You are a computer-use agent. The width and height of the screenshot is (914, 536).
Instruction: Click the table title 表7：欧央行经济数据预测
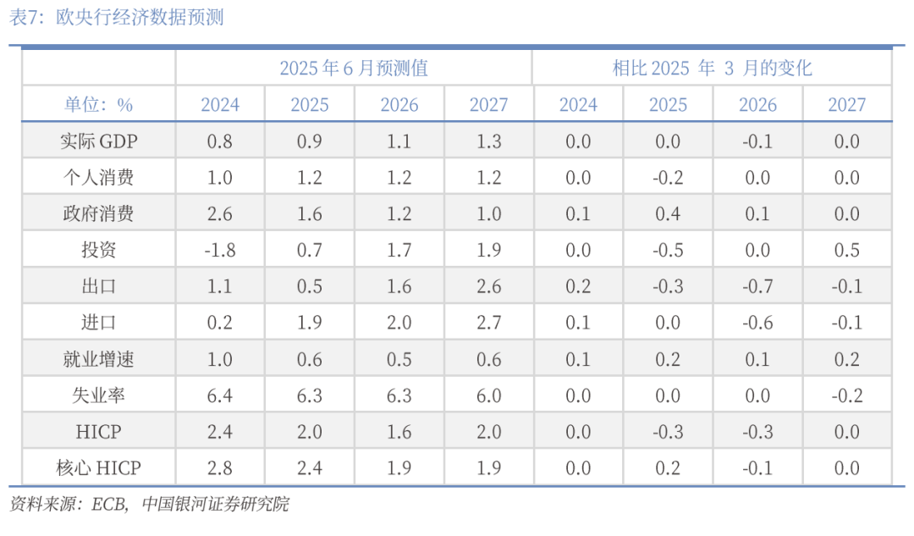tap(117, 17)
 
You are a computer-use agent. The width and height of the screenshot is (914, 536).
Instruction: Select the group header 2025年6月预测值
tap(354, 68)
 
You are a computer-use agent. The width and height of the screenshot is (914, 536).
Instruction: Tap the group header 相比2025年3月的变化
tap(712, 68)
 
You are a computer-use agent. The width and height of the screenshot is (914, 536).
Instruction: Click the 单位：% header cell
tap(99, 105)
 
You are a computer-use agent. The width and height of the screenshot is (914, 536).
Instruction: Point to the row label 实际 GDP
tap(99, 141)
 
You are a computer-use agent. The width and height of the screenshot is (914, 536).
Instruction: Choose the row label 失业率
tap(99, 395)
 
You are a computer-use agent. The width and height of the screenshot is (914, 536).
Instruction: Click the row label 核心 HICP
tap(99, 468)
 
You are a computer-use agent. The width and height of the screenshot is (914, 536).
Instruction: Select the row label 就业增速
tap(99, 359)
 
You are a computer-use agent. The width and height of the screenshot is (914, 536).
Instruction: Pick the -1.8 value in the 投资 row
tap(219, 250)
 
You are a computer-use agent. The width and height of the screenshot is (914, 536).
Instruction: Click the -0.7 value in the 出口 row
tap(757, 286)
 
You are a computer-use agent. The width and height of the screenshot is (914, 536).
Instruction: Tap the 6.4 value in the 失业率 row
tap(219, 395)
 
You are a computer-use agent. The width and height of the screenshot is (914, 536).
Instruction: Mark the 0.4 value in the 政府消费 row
tap(668, 213)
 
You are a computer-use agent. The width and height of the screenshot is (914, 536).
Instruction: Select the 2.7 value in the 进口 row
tap(488, 323)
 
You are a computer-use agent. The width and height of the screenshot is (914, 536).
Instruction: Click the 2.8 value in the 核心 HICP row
tap(219, 468)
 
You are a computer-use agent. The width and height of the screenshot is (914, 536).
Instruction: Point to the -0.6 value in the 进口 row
tap(757, 323)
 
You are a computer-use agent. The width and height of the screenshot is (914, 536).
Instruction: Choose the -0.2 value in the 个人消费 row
tap(668, 178)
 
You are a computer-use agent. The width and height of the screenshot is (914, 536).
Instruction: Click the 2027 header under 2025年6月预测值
tap(488, 105)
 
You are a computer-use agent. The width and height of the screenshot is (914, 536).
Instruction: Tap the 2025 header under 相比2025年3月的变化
tap(668, 105)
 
